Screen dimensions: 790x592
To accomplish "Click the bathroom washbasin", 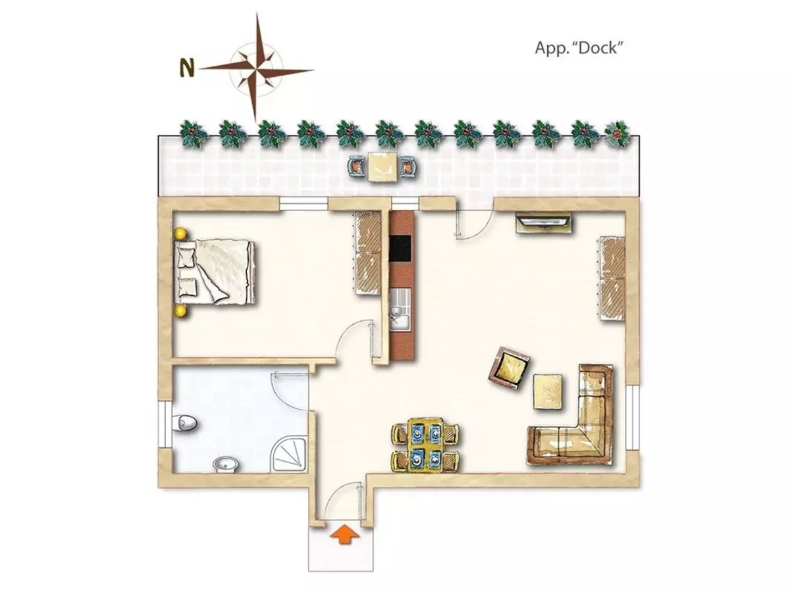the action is pos(226,464).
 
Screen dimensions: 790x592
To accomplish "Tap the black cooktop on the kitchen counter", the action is pos(400,249).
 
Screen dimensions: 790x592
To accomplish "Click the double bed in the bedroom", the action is pos(215,272).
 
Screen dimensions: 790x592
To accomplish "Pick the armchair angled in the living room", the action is pos(508,367).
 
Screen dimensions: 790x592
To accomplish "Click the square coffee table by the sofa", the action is pos(547,391).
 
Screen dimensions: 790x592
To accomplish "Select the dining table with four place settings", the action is pos(426,445).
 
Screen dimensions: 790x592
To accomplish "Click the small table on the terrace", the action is pos(382,167).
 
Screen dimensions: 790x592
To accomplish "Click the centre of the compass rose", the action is pos(255,68).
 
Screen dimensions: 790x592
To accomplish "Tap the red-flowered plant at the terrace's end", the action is pos(617,134).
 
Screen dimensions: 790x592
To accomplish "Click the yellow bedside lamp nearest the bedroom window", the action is pos(180,234).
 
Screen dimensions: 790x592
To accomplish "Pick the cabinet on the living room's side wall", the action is pos(612,278).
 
